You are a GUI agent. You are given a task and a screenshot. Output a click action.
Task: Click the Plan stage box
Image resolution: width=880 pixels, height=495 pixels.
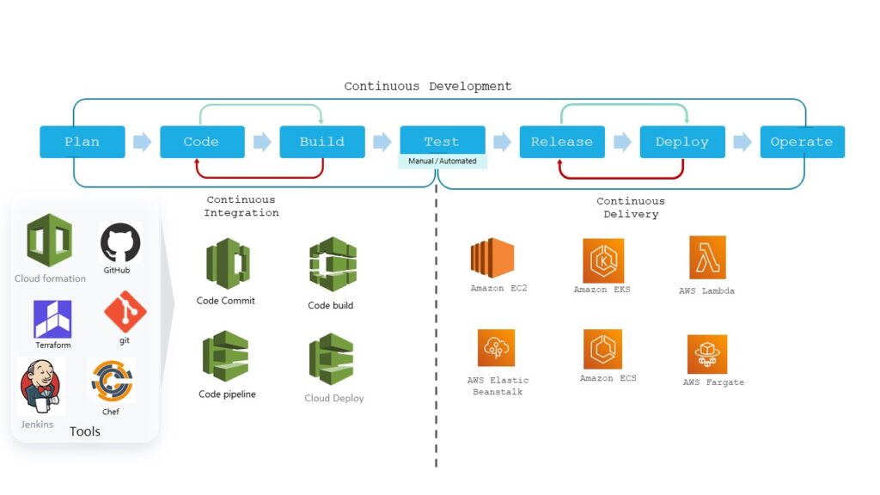[x=82, y=142]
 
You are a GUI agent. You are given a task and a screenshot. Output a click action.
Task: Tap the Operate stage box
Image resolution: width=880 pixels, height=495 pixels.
[x=802, y=142]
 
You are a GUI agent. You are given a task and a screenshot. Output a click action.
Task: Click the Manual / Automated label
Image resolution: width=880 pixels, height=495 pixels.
[x=442, y=161]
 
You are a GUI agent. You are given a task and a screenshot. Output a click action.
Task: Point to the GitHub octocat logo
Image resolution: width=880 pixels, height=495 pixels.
[x=119, y=242]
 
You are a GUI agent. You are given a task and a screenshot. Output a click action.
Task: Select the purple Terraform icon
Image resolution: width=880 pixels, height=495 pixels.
[x=52, y=319]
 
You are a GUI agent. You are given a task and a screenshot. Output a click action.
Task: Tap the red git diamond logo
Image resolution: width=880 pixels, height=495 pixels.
[x=125, y=312]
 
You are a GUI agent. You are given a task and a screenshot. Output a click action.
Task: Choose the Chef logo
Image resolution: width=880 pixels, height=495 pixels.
[x=112, y=381]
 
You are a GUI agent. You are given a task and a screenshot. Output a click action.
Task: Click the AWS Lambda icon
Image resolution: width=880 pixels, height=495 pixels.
[x=707, y=258]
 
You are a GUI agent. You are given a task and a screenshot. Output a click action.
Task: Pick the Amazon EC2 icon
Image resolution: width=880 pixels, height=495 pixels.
[x=492, y=258]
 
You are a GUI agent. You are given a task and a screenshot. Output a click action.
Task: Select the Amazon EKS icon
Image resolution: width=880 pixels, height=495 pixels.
[x=602, y=260]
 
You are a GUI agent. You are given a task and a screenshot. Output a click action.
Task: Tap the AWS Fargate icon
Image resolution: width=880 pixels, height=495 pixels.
[x=707, y=354]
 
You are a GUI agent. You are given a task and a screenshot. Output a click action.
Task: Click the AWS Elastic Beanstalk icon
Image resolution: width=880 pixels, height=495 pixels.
[x=496, y=348]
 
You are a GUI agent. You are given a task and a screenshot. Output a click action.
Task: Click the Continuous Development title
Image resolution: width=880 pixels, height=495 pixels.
[x=428, y=86]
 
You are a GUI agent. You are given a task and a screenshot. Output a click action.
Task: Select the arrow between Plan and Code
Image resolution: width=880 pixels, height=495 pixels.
[x=143, y=142]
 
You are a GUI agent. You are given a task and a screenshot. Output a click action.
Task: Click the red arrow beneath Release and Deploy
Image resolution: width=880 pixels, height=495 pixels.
[x=621, y=175]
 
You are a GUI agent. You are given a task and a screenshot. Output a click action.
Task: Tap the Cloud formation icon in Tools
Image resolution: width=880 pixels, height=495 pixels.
[x=49, y=241]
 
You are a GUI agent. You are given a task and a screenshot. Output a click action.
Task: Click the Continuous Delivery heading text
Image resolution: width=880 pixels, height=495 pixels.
[x=631, y=207]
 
